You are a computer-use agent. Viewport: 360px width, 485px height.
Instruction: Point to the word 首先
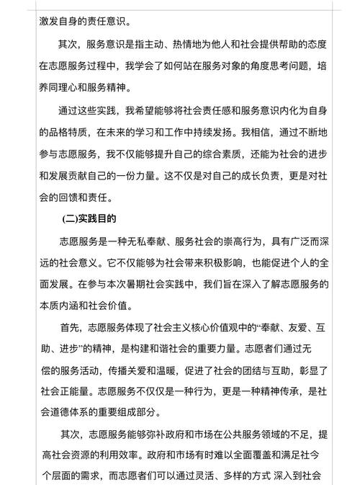click(x=71, y=328)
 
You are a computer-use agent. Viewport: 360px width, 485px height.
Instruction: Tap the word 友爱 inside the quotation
click(x=286, y=328)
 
